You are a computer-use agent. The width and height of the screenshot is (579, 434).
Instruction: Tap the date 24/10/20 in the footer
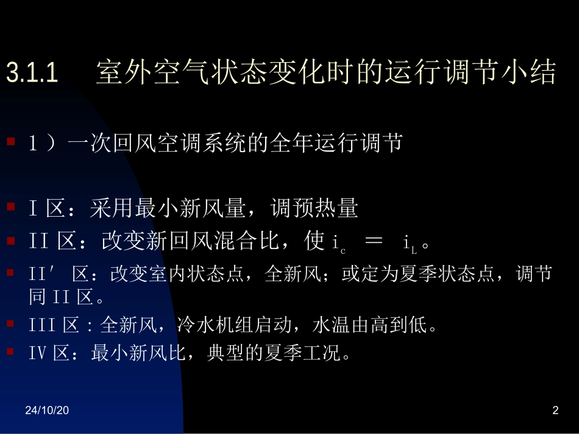47,411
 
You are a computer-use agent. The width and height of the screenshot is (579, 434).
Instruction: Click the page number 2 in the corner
555,411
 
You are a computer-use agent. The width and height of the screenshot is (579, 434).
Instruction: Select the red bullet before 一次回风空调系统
10,142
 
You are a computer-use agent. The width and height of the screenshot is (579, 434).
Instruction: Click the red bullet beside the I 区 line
10,207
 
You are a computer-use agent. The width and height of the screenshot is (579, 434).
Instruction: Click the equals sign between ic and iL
372,242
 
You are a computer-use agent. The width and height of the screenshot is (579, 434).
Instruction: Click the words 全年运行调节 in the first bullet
344,144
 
